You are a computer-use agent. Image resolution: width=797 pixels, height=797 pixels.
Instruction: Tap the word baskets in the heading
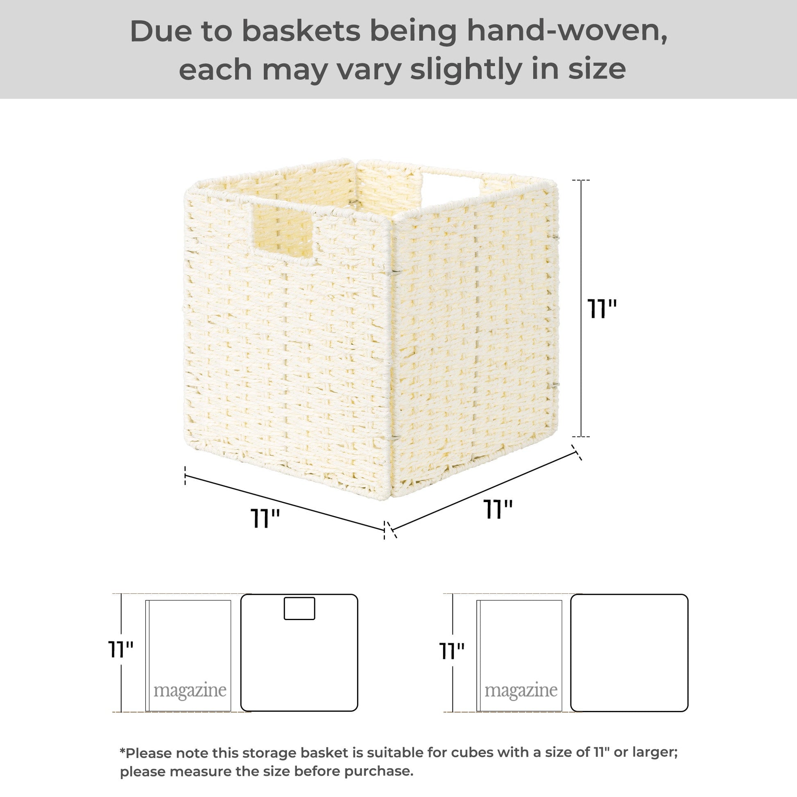coord(301,32)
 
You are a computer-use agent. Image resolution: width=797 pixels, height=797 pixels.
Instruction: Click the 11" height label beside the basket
coord(602,309)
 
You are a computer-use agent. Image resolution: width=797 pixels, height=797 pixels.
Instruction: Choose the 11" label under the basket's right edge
coord(498,509)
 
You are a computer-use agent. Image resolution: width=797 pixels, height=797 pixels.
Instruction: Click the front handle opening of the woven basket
coord(283,229)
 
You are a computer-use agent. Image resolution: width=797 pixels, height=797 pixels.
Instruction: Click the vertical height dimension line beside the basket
coord(582,308)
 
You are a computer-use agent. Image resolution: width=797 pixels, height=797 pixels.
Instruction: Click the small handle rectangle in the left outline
coord(299,608)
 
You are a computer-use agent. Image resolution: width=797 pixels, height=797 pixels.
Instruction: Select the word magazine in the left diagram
coord(190,691)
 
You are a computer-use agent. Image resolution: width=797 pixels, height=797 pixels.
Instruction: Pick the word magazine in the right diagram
coord(521,691)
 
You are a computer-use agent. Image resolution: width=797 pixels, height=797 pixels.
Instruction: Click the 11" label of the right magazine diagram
coord(452,651)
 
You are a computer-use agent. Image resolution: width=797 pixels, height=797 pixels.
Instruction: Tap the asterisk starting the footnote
coord(122,750)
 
